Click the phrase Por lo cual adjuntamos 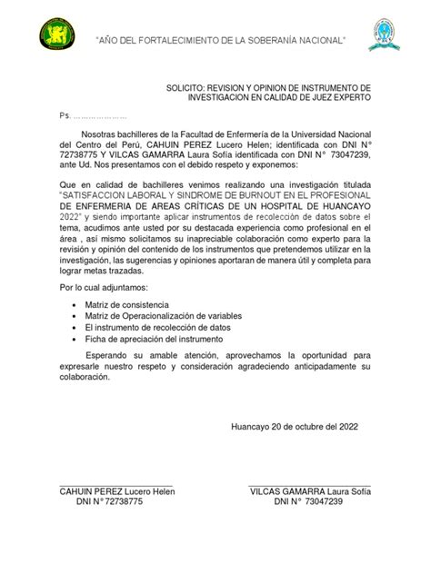pyautogui.click(x=103, y=287)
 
